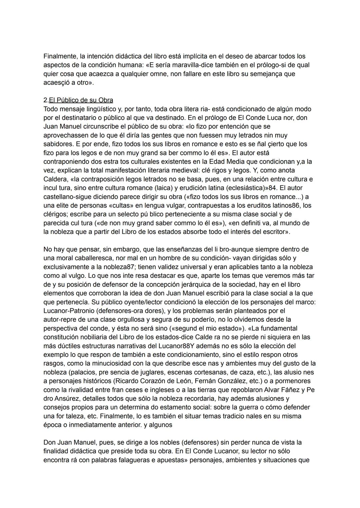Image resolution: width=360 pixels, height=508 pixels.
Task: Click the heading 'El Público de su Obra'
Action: coord(81,100)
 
